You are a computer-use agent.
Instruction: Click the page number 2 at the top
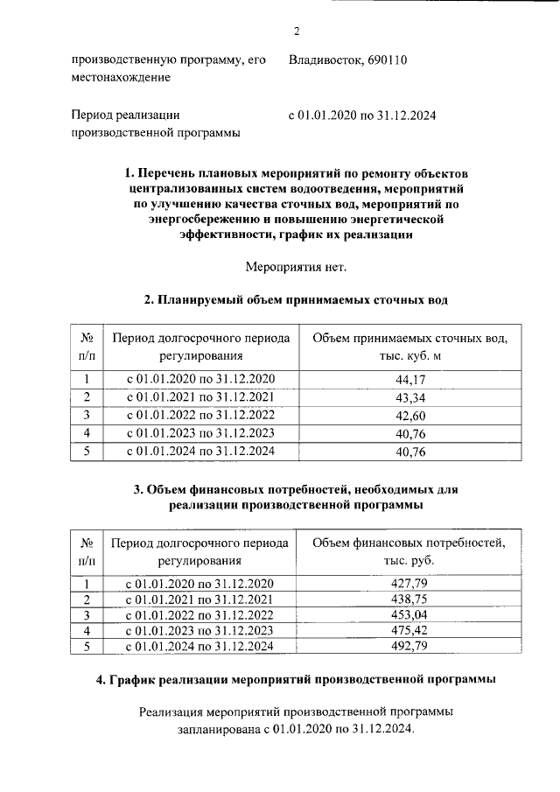click(296, 32)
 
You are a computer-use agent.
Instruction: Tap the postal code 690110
click(383, 60)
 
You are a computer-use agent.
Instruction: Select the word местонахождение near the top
click(121, 78)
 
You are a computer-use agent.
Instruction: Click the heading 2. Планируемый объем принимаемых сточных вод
click(296, 300)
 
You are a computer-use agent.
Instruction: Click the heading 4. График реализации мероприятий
click(296, 679)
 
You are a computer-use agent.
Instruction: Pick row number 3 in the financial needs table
click(87, 615)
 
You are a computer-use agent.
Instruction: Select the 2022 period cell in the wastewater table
click(200, 416)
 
